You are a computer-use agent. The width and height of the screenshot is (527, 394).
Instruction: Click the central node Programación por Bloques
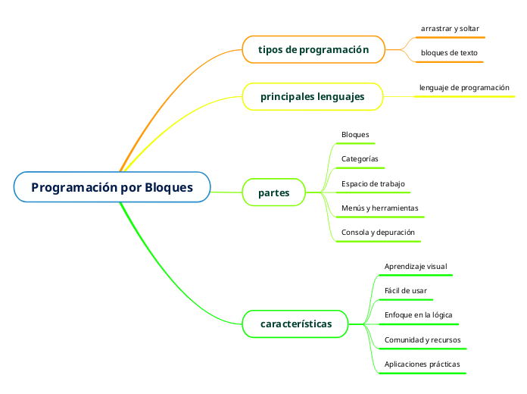[x=111, y=187]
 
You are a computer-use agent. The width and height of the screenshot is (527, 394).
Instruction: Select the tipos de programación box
[x=313, y=50]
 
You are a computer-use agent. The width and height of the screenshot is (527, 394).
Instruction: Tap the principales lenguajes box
[x=312, y=97]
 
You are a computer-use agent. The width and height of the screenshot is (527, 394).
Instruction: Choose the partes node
[x=274, y=192]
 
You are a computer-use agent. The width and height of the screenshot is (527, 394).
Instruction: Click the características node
[x=296, y=324]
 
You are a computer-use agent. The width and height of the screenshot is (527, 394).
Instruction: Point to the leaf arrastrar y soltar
[x=450, y=29]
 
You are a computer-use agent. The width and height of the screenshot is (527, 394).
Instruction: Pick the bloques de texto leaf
[x=449, y=53]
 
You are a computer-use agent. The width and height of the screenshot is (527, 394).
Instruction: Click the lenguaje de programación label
[x=464, y=88]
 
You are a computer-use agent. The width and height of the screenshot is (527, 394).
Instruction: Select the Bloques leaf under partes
[x=355, y=135]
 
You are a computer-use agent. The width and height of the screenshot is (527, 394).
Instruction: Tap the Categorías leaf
[x=360, y=159]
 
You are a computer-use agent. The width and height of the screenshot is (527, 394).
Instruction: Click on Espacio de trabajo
[x=373, y=183]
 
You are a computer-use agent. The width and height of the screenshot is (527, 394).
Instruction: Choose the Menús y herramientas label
[x=379, y=208]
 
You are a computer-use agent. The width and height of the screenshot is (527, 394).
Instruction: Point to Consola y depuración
[x=378, y=232]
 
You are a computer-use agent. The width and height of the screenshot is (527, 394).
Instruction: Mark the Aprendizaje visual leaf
[x=416, y=267]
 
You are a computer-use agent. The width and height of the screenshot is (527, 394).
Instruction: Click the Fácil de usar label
[x=406, y=291]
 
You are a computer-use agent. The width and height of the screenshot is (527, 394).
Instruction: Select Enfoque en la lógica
[x=419, y=315]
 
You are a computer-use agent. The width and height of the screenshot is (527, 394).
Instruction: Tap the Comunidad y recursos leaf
[x=423, y=339]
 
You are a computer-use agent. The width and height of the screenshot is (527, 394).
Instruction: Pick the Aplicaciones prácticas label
[x=423, y=364]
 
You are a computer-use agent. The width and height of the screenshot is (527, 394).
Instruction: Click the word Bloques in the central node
[x=169, y=187]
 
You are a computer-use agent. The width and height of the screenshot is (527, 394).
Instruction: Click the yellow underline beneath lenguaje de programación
[x=466, y=97]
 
